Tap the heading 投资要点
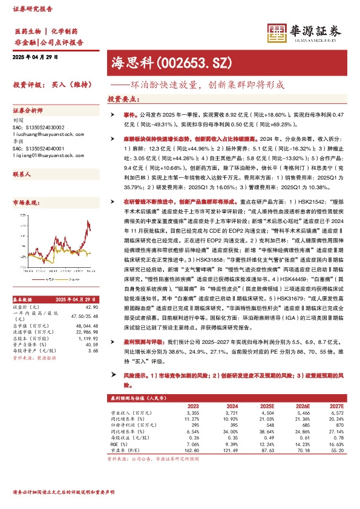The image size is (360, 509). tap(122, 98)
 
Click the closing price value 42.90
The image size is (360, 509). tap(91, 306)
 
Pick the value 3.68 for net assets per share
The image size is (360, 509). tap(93, 350)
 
